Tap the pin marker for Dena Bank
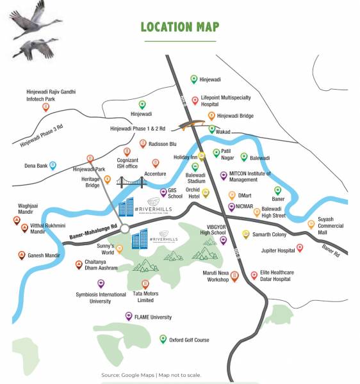point(53,166)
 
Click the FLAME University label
point(152,317)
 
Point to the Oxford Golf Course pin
point(163,339)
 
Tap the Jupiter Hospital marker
point(300,248)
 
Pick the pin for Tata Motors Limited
point(145,283)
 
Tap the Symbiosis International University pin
point(101,284)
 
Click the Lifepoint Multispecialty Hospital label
point(225,100)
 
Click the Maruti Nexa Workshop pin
point(234,276)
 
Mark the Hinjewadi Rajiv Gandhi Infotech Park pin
point(46,108)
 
